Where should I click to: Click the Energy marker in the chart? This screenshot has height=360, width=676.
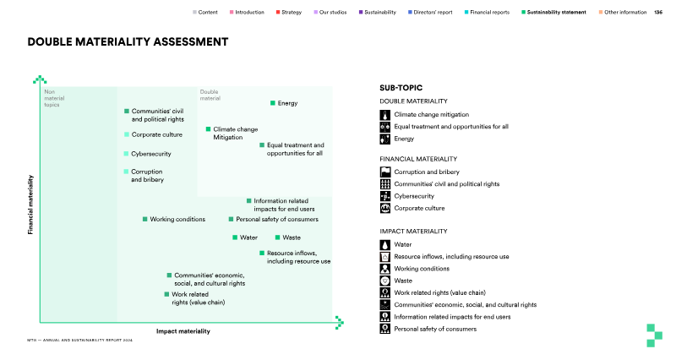coord(273,103)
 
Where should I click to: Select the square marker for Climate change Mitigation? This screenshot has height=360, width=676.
coord(208,129)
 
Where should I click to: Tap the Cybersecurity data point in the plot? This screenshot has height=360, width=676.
coord(127,154)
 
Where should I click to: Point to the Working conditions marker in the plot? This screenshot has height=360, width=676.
coord(145,219)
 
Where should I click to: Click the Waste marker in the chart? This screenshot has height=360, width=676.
coord(277,237)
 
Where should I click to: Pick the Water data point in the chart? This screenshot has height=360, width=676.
coord(235,237)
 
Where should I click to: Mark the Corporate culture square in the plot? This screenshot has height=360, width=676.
coord(127,134)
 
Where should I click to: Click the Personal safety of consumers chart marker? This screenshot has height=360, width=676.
coord(231,219)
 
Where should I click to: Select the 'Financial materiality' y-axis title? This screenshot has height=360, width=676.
coord(30,205)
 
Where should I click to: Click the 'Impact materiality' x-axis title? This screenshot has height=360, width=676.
coord(183,331)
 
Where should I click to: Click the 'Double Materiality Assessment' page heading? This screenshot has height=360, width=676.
coord(128,41)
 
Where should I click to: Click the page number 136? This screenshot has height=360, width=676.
coord(658,12)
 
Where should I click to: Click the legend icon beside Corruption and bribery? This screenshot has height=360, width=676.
coord(385,172)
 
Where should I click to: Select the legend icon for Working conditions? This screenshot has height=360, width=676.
coord(385,269)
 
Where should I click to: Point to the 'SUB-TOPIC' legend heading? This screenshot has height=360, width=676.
coord(401,87)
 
